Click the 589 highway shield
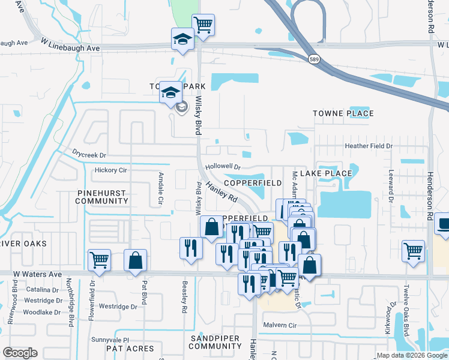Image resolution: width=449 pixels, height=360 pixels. coord(314,58)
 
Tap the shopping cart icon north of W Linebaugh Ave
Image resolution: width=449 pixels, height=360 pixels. coord(203,25)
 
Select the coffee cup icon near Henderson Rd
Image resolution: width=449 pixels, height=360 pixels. coord(443,224)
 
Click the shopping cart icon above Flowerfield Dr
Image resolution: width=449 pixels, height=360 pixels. coord(99,260)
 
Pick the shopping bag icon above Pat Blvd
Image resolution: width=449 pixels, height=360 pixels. coord(136,260)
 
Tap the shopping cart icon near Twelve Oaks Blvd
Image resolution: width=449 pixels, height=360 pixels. coord(413,251)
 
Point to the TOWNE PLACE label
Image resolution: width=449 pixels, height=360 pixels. coord(343,113)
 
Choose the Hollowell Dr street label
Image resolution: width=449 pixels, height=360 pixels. coord(222,167)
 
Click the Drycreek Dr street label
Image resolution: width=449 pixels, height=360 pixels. coord(89,154)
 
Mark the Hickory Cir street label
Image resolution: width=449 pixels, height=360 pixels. coord(111,170)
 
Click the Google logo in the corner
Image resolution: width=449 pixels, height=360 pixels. coord(20,352)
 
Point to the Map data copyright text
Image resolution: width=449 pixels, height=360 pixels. coord(412,355)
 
